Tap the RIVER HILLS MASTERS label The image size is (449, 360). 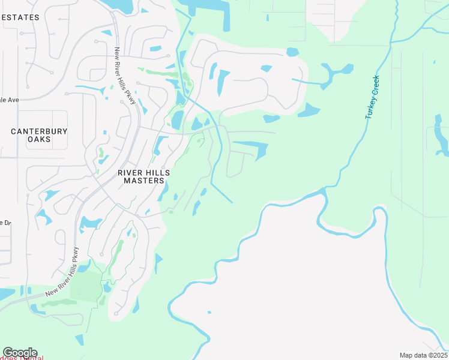pyautogui.click(x=143, y=176)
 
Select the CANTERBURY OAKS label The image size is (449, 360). pyautogui.click(x=39, y=135)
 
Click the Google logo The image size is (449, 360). pyautogui.click(x=20, y=353)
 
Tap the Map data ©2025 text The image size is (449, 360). pyautogui.click(x=423, y=355)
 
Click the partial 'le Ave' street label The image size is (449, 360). pyautogui.click(x=9, y=100)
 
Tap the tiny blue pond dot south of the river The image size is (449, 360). pyautogui.click(x=209, y=312)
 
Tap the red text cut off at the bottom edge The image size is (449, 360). pyautogui.click(x=24, y=358)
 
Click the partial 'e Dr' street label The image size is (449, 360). pyautogui.click(x=5, y=223)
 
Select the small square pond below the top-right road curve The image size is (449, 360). pyautogui.click(x=292, y=52)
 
